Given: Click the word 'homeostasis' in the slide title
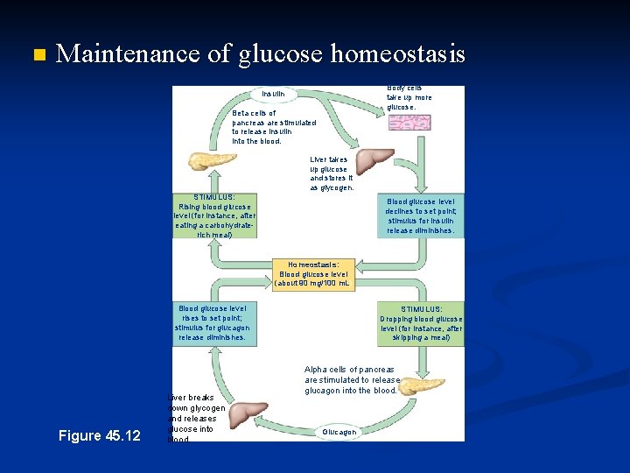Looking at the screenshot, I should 398,54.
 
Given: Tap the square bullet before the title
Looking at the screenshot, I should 36,55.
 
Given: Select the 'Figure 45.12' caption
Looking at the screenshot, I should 99,435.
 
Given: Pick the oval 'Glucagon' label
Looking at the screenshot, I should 339,432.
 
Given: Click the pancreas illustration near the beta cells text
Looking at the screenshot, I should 211,163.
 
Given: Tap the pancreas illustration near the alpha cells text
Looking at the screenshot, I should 422,385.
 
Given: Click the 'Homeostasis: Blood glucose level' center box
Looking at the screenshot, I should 312,273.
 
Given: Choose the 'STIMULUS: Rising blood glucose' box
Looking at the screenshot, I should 214,216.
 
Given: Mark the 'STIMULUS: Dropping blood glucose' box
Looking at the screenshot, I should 421,323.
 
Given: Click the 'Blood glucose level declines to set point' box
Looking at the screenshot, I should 420,216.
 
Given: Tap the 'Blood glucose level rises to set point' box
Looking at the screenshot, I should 213,323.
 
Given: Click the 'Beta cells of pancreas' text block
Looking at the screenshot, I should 273,127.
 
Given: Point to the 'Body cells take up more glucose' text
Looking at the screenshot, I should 409,97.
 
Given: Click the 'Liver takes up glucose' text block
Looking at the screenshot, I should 331,173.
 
